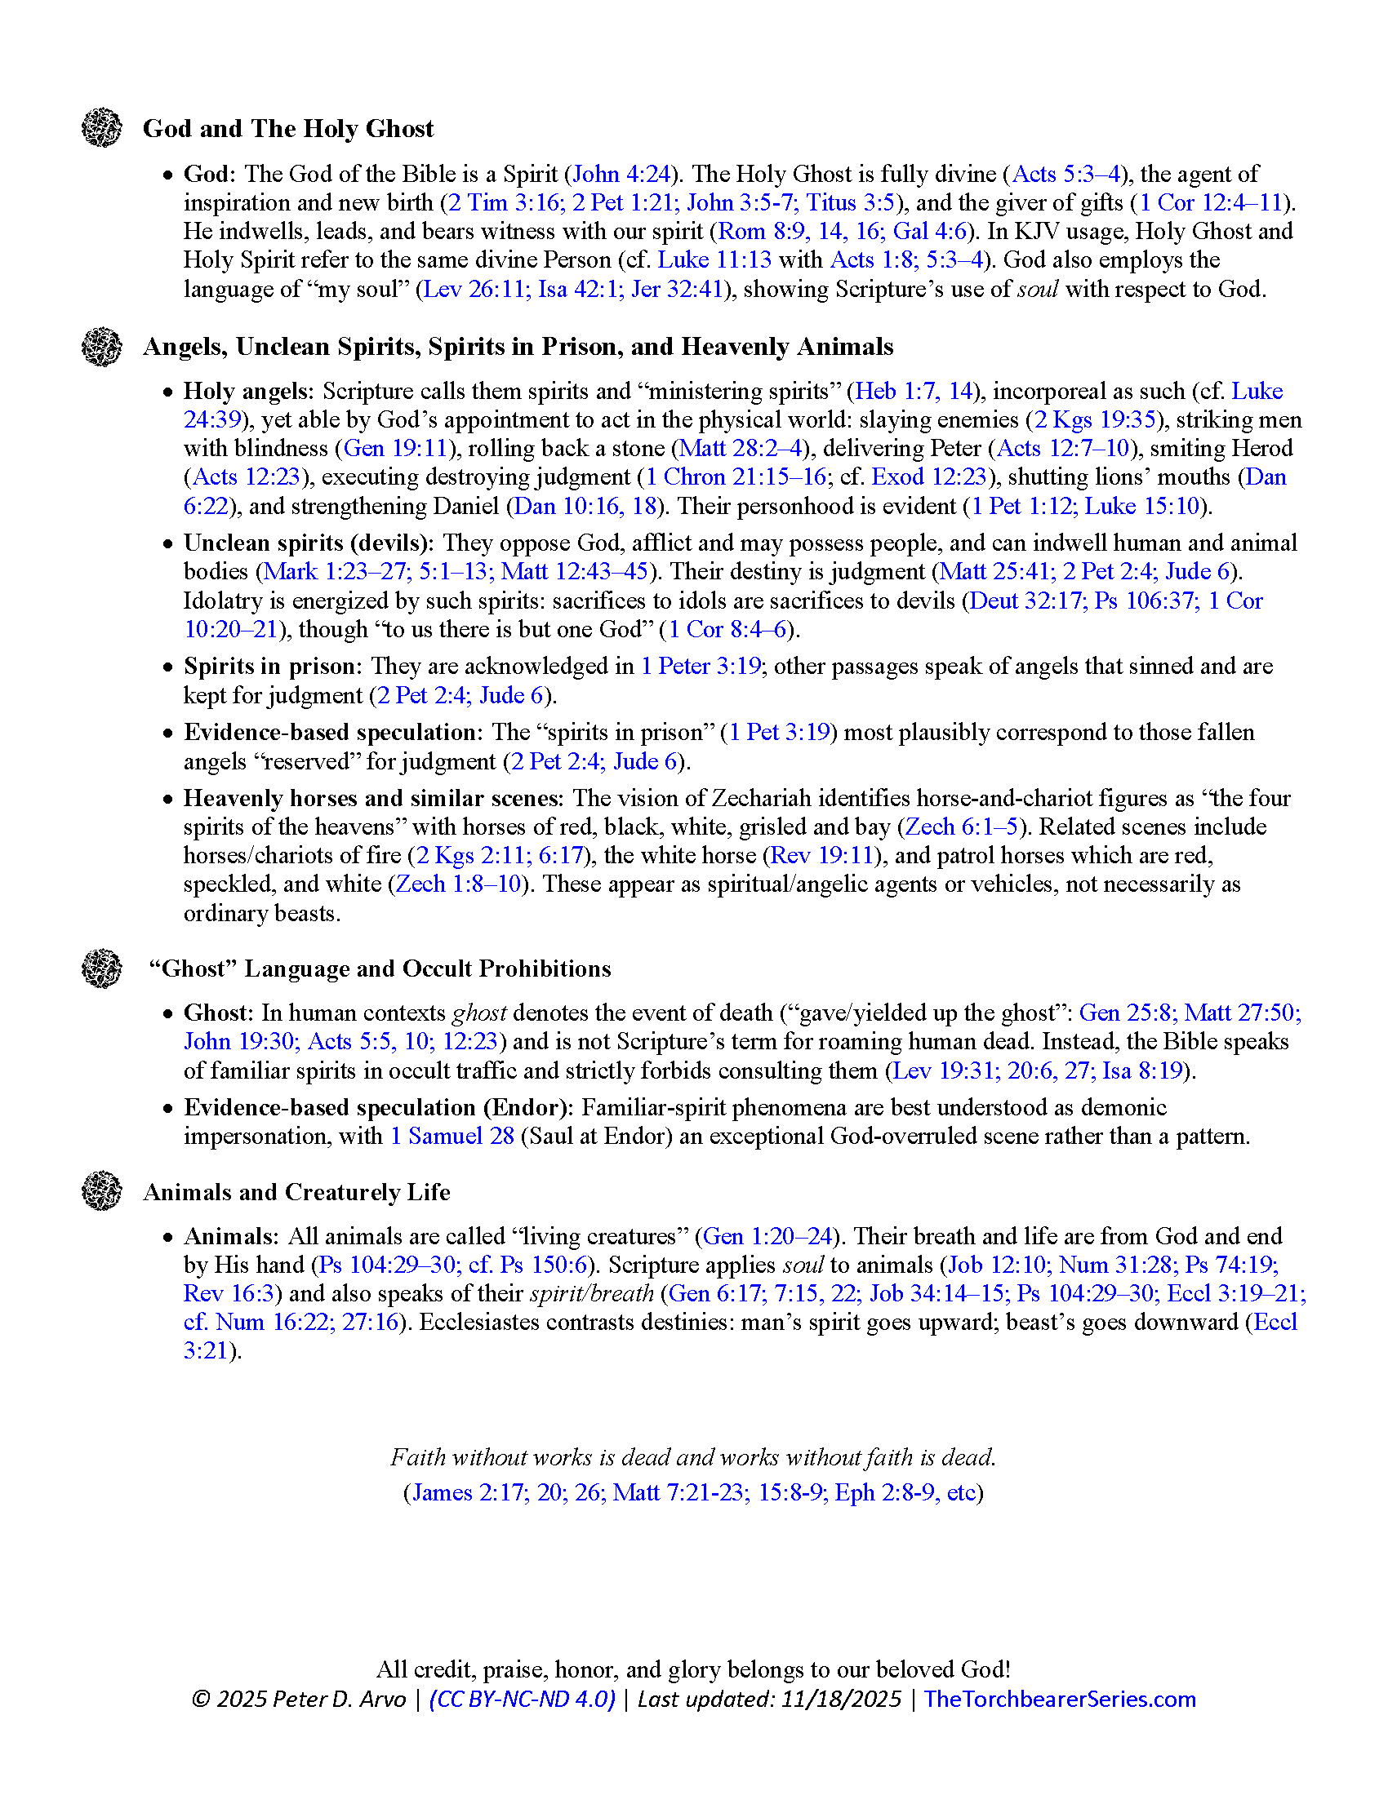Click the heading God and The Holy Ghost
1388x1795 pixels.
pos(287,129)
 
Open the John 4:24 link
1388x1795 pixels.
pos(621,175)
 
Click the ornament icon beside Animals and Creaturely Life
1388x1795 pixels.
pos(102,1191)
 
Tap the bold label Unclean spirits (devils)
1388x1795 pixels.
pos(308,543)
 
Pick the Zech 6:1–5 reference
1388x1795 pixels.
pos(961,827)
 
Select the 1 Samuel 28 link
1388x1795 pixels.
pos(452,1137)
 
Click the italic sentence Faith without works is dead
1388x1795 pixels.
pos(693,1457)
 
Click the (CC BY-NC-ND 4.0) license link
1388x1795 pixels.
pos(523,1700)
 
